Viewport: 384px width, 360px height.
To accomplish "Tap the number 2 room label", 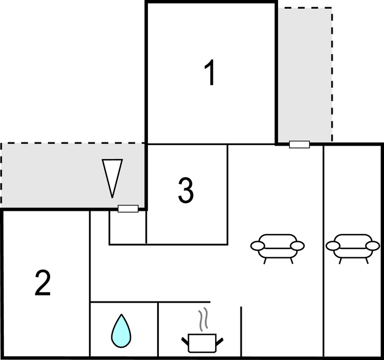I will pyautogui.click(x=42, y=283).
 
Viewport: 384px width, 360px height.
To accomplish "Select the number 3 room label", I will pyautogui.click(x=186, y=190).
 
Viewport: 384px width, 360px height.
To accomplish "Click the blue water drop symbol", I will pyautogui.click(x=122, y=331).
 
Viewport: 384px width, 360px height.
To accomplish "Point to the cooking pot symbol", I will pyautogui.click(x=202, y=342).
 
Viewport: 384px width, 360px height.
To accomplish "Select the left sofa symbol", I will pyautogui.click(x=278, y=247).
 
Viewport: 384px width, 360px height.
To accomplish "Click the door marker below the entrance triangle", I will pyautogui.click(x=128, y=209).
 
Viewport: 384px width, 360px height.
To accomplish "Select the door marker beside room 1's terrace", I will pyautogui.click(x=300, y=144).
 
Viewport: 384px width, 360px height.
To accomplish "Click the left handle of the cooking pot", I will pyautogui.click(x=185, y=341).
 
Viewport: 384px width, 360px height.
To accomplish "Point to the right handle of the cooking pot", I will pyautogui.click(x=220, y=341).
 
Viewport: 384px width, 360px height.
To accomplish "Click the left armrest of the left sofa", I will pyautogui.click(x=257, y=245).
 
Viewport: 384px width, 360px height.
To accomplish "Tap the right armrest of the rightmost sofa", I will pyautogui.click(x=374, y=245).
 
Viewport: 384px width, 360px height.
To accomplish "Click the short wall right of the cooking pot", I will pyautogui.click(x=241, y=331).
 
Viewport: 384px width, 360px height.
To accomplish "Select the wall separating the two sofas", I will pyautogui.click(x=323, y=248).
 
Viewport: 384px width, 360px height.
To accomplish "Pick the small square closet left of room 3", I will pyautogui.click(x=127, y=227).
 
